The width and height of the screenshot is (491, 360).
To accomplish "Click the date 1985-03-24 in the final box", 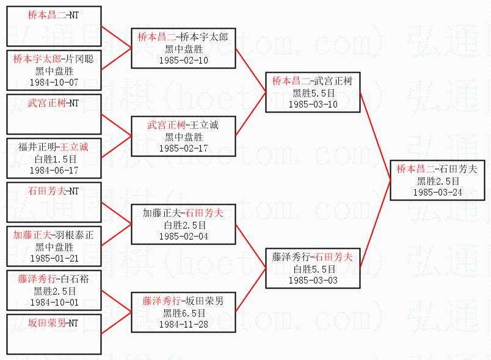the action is pos(437,191).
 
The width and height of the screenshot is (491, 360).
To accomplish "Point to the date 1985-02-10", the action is pos(183,61).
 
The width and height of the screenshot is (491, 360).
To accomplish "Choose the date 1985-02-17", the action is pos(183,148).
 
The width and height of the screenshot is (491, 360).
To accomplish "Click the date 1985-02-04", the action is pos(183,236).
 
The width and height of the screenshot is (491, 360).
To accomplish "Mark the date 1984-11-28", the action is pos(183,324).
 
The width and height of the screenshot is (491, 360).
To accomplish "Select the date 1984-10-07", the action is pos(53,81).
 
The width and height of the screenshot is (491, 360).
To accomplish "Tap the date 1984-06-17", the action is pos(53,169).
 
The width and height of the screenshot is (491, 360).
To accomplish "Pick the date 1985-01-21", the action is pos(53,257).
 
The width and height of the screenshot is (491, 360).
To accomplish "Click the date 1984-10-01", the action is pos(53,301).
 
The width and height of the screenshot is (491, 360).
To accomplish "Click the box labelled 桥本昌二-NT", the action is pos(53,26).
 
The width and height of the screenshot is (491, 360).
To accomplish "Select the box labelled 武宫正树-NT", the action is pos(53,114).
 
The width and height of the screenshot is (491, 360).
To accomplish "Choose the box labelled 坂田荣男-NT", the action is pos(53,333).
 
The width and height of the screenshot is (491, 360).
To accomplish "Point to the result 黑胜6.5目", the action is pos(183,313).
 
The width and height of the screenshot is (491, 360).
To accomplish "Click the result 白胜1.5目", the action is pos(53,158).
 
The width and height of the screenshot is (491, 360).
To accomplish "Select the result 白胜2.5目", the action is pos(183,225).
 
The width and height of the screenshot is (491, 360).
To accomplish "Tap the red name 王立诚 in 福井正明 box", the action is pos(75,147).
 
